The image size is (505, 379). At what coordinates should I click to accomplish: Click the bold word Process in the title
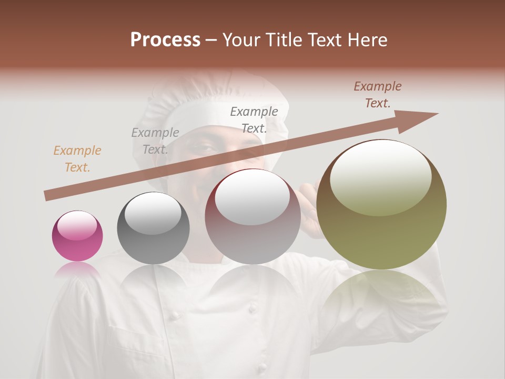[165, 40]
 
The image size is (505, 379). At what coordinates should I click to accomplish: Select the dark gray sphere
[153, 228]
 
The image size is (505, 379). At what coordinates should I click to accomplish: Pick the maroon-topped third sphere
[252, 217]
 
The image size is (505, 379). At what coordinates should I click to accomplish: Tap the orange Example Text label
[77, 159]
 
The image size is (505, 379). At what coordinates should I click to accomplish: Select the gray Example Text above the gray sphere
[155, 141]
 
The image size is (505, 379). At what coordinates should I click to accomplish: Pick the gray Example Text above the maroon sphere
[254, 119]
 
